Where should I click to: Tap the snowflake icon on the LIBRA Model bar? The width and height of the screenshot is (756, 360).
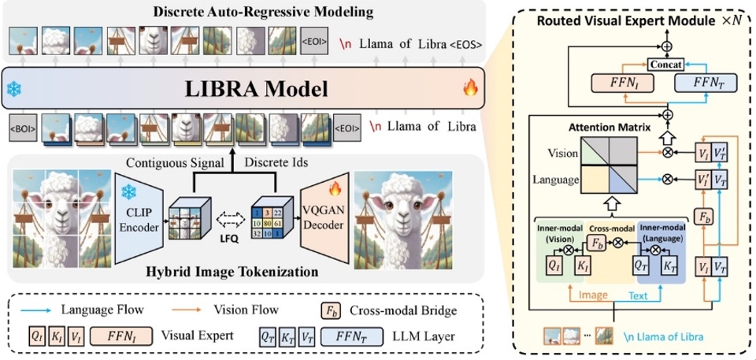point(13,90)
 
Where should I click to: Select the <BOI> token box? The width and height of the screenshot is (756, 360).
point(21,127)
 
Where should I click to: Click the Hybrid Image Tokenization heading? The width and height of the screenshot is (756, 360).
point(232,273)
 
